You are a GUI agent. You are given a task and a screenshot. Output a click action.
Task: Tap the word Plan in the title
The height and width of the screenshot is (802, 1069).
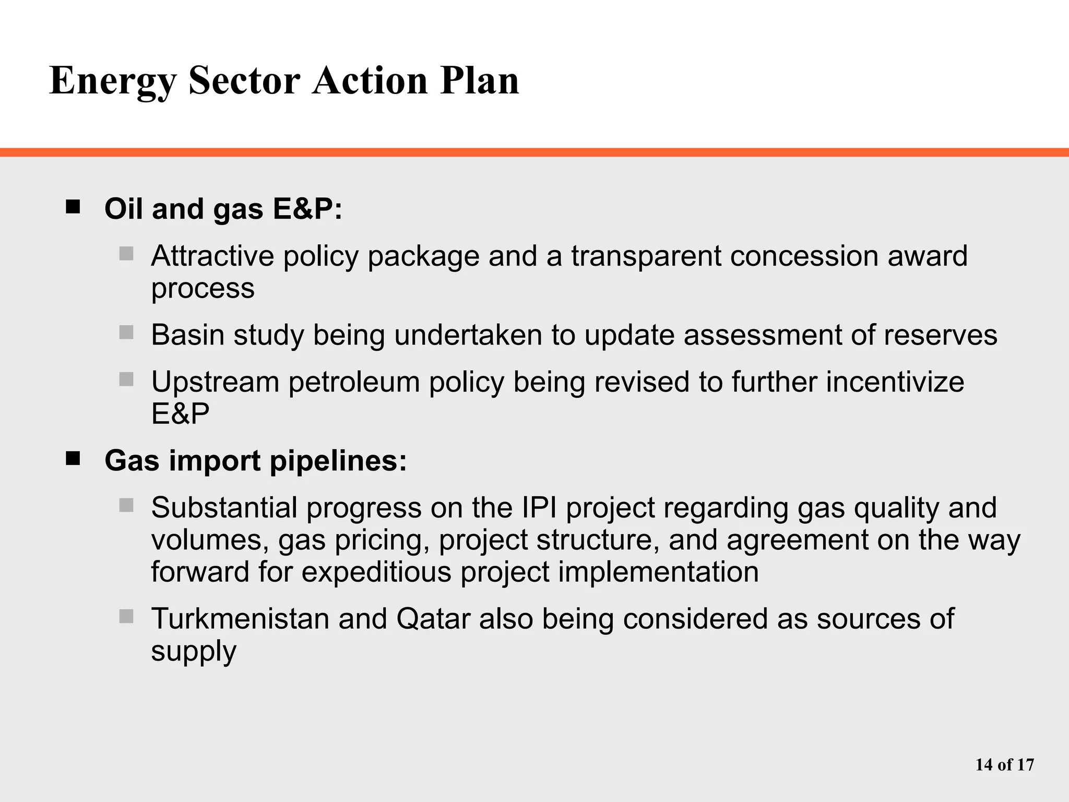479,80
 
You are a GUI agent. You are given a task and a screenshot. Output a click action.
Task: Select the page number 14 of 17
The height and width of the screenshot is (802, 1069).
1004,765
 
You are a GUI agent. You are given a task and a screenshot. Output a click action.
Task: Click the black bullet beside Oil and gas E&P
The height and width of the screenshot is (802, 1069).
73,207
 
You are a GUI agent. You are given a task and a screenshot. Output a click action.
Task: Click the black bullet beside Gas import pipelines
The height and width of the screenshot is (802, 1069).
73,458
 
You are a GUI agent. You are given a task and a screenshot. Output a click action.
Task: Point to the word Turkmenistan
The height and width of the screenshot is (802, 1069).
240,619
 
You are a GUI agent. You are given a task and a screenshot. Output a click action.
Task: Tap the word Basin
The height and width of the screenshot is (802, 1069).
187,335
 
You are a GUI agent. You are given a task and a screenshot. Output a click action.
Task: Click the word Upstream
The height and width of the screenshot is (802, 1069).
215,383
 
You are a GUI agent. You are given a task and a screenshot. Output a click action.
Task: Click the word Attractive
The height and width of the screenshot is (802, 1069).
212,256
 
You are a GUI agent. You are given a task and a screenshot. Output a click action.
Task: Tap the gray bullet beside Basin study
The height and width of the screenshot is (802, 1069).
126,332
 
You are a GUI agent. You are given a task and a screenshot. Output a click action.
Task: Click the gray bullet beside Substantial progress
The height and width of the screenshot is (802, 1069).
126,505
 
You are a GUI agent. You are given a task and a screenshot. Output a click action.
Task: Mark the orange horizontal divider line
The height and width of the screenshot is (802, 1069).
534,152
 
